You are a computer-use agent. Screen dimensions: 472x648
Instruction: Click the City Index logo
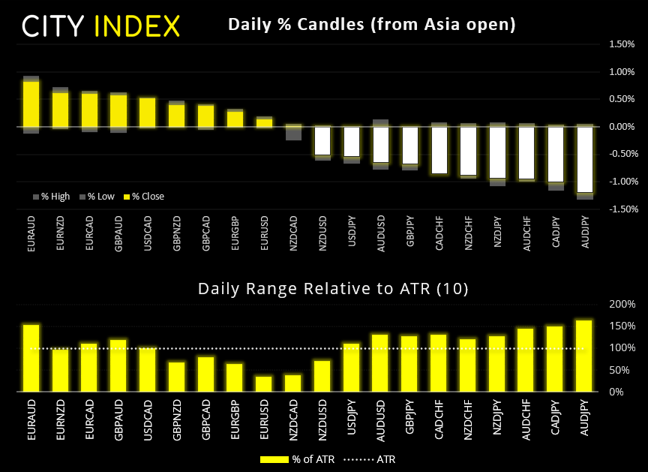point(101,26)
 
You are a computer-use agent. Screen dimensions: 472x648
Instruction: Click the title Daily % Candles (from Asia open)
point(372,25)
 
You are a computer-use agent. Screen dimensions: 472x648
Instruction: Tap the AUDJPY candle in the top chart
point(585,159)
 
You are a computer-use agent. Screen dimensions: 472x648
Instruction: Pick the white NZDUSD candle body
point(322,140)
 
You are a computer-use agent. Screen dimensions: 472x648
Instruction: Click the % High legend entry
point(52,197)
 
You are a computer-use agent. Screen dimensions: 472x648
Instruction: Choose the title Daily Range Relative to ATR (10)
point(333,288)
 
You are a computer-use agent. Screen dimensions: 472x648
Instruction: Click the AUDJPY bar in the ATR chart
point(585,356)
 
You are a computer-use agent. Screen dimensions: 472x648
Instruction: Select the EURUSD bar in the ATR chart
point(264,383)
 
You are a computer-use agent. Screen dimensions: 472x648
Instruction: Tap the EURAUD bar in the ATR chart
point(31,358)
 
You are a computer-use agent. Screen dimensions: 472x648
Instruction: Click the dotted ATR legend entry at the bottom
point(370,458)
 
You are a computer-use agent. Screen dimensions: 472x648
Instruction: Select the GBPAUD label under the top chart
point(119,232)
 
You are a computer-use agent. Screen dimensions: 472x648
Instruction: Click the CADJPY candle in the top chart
point(556,155)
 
